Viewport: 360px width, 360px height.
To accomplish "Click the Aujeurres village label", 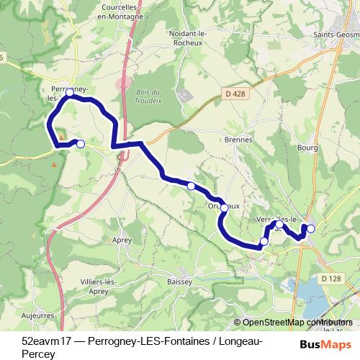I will (x=37, y=315).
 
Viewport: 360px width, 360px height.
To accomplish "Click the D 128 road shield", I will (x=331, y=279).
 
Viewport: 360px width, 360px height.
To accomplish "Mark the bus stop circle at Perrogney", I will (x=69, y=93).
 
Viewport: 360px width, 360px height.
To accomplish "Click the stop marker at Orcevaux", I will (x=224, y=207).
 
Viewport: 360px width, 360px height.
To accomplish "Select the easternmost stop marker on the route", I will (x=311, y=229).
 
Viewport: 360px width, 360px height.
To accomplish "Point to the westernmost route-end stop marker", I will (x=81, y=144).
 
